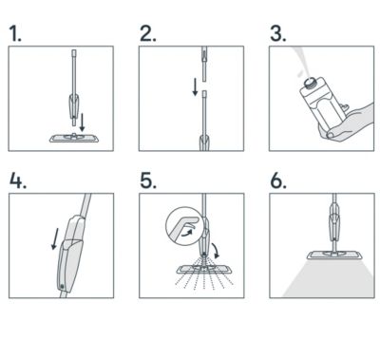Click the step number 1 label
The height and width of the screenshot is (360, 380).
point(15,33)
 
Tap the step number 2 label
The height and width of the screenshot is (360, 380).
point(148,33)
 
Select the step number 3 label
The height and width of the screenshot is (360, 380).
point(278,33)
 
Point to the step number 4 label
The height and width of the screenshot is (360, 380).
point(18,180)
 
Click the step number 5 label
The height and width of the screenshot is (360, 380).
point(148,180)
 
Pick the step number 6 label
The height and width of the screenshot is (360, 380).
point(278,180)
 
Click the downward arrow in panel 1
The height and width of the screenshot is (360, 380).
point(83,123)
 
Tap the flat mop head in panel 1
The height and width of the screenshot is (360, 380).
point(74,138)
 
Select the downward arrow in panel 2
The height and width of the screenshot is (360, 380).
point(196,86)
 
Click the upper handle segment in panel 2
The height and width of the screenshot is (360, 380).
point(203,64)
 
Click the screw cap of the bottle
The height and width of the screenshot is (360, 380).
point(311,83)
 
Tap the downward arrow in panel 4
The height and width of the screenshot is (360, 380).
point(55,238)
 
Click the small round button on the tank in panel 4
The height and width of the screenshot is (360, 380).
point(62,287)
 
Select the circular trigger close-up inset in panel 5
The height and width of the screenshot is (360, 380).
point(183,226)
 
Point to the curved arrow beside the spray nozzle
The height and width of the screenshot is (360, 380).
point(216,250)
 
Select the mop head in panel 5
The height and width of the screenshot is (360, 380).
point(204,270)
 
